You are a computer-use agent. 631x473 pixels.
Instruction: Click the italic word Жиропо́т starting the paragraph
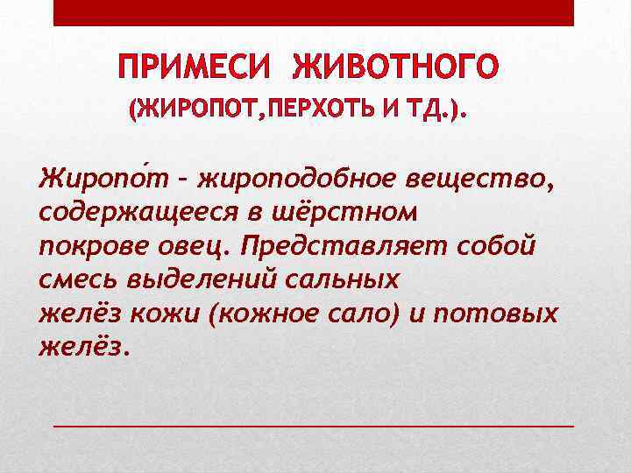click(x=93, y=182)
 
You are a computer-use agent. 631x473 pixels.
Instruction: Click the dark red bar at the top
click(x=314, y=12)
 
